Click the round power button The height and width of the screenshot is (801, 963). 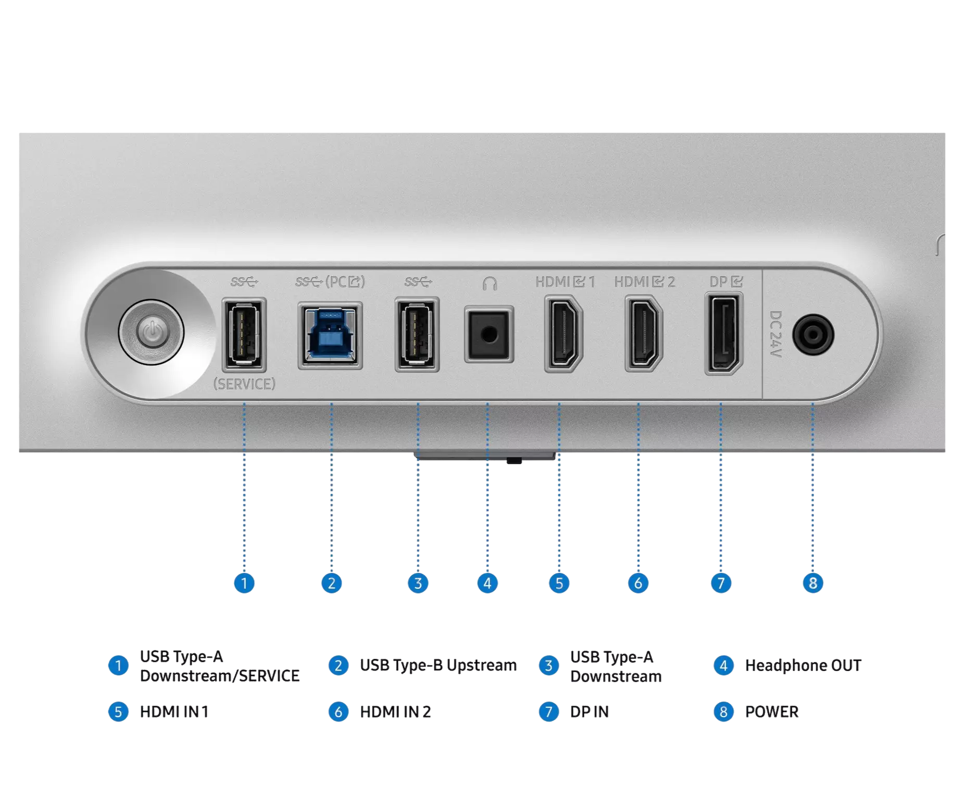tap(151, 332)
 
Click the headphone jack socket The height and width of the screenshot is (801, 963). tap(489, 335)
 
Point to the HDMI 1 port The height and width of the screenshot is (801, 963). tap(563, 334)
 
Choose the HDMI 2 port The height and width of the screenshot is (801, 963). tap(643, 334)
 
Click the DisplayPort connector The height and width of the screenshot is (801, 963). tap(723, 334)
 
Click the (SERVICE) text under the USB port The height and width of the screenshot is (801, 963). tap(244, 384)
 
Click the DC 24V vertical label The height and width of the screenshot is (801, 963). tap(776, 334)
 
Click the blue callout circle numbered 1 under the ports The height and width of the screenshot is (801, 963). tap(244, 583)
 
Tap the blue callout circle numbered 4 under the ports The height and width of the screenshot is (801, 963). tap(487, 583)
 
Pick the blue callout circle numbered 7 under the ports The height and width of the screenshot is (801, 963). tap(721, 583)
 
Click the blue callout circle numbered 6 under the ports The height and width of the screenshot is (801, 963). tap(638, 583)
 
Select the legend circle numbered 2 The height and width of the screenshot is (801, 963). tap(339, 666)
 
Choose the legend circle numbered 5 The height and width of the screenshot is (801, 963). tap(118, 712)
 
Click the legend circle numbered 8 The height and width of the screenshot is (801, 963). tap(723, 712)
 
